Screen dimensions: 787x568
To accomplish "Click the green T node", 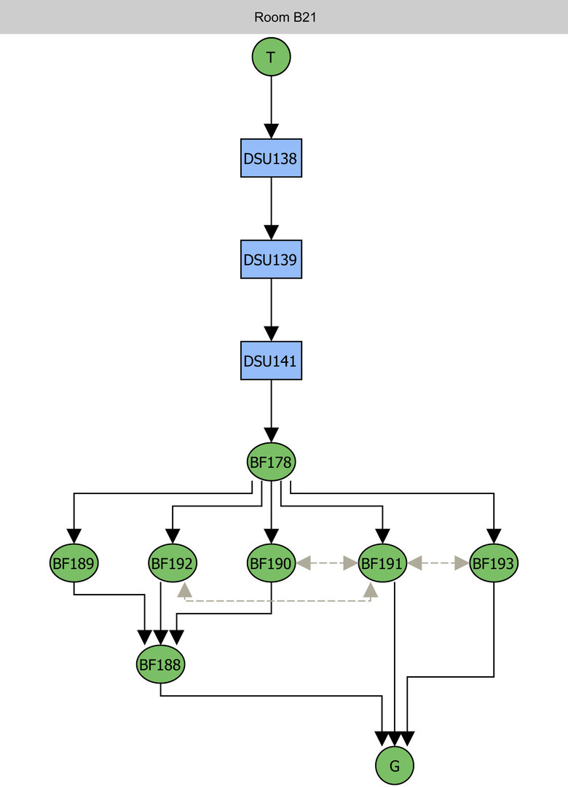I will tap(271, 57).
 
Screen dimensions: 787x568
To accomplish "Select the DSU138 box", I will tap(271, 157).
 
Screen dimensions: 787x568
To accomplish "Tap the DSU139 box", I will tap(271, 259).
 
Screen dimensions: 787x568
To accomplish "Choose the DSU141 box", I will tap(271, 360).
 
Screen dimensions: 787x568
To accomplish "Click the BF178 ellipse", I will tap(271, 461).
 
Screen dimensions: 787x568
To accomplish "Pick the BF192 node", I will tap(173, 563).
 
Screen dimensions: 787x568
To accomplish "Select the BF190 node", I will tap(271, 563).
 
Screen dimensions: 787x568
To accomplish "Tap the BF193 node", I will tap(494, 563).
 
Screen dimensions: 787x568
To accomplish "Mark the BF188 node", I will tap(160, 664).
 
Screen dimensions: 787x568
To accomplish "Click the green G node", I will tap(395, 765).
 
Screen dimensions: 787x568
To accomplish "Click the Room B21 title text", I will tap(284, 17).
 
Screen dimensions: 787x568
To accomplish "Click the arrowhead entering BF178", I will tap(271, 435).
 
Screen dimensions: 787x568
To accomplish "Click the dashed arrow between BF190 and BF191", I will tap(326, 563).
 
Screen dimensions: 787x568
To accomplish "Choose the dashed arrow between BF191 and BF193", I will tap(438, 563).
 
